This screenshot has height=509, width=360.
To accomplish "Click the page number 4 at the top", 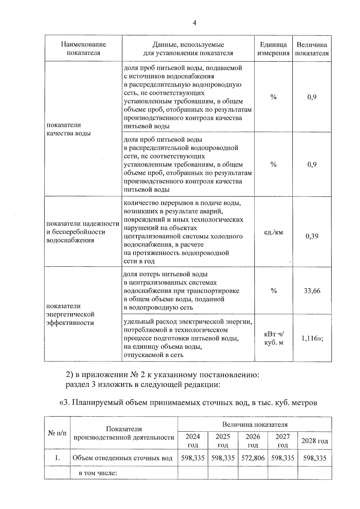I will pos(194,23).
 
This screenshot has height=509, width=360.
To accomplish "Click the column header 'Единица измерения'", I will pos(273,49).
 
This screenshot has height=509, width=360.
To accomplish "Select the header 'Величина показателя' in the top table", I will pos(312,49).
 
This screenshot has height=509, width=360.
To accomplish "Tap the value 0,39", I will pos(312,236).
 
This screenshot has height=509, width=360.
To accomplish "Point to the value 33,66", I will pos(312,291).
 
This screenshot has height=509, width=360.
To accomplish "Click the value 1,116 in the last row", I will pos(312,338).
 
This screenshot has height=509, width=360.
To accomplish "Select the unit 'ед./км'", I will pos(273,232).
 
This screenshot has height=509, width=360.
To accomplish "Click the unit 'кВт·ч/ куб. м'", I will pos(273,338).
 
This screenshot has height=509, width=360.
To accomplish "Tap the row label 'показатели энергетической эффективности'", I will pos(70,314).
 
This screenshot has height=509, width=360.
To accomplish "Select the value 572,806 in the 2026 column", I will pos(253,458).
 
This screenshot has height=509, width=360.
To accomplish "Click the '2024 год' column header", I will pos(193,441).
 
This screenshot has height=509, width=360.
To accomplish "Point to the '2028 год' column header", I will pos(314,441).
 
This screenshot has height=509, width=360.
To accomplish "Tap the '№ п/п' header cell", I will pos(57,433).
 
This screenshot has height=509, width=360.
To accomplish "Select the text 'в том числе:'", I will pos(97,473).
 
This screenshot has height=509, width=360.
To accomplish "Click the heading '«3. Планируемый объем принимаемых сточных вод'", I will pos(188,403).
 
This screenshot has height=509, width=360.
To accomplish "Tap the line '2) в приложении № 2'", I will pos(162,375).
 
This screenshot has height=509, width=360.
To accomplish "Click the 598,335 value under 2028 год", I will pos(315,458).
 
